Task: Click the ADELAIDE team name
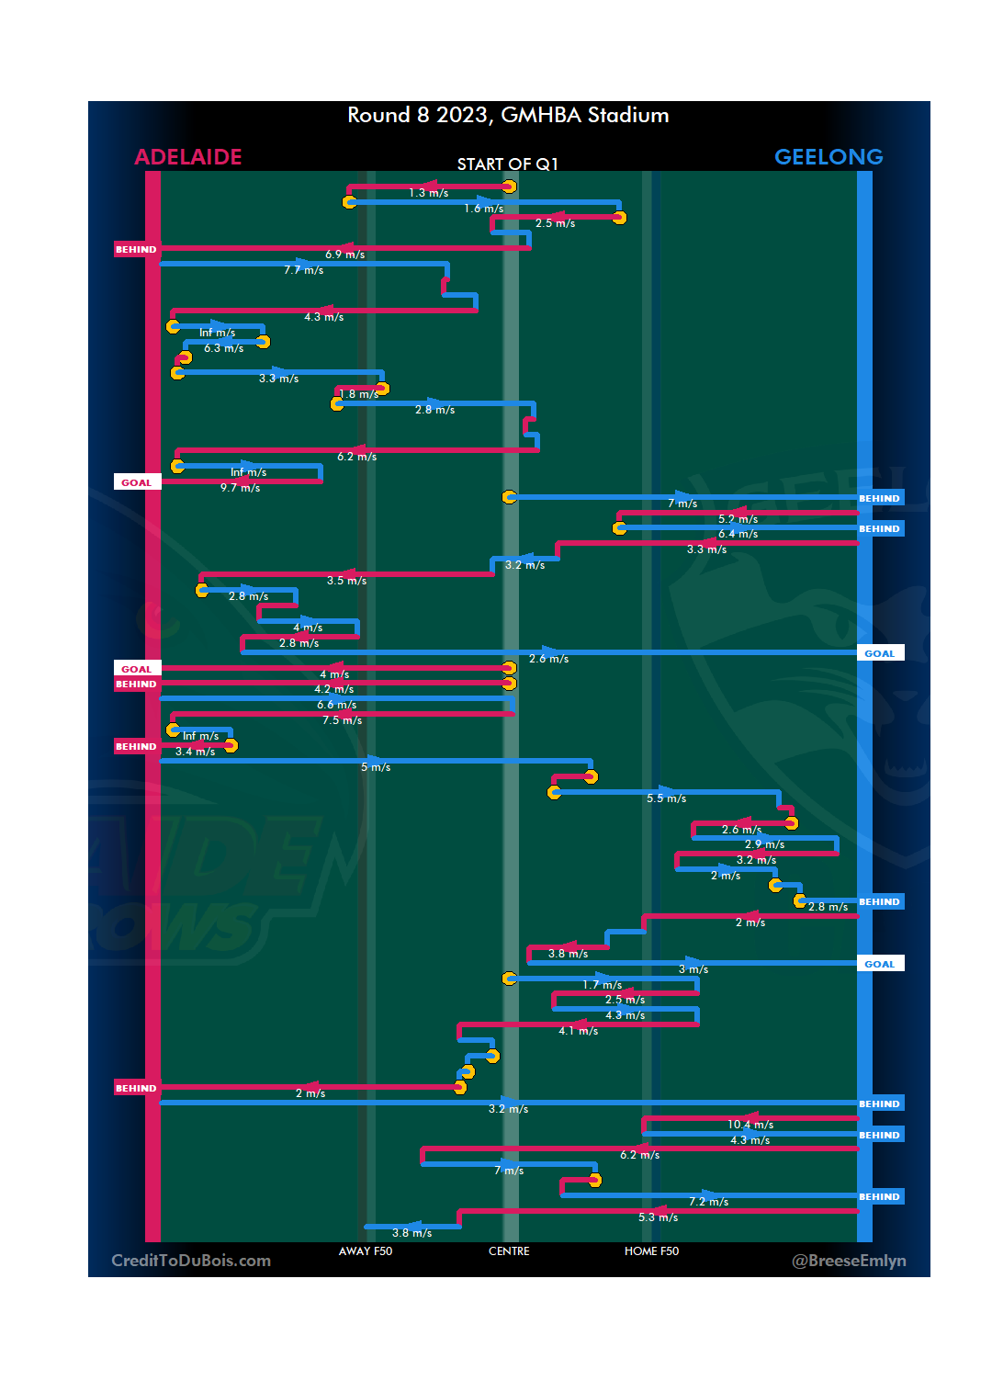tap(188, 157)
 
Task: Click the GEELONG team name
tap(829, 157)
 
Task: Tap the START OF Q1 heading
tap(507, 164)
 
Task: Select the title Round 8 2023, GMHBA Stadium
tap(508, 115)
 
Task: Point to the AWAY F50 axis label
tap(366, 1251)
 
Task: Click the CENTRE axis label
tap(509, 1251)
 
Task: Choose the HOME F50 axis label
tap(651, 1251)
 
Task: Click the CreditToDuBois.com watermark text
tap(191, 1261)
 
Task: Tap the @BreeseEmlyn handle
tap(849, 1261)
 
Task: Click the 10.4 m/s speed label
tap(750, 1125)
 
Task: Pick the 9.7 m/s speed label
tap(240, 488)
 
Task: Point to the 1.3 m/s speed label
tap(429, 193)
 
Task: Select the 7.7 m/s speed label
tap(304, 270)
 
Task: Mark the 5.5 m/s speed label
tap(666, 798)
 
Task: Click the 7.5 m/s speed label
tap(342, 720)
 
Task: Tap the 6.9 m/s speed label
tap(344, 255)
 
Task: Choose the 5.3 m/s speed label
tap(658, 1217)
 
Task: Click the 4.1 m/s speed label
tap(578, 1031)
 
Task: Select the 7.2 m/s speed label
tap(708, 1202)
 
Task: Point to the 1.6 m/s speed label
tap(483, 209)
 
